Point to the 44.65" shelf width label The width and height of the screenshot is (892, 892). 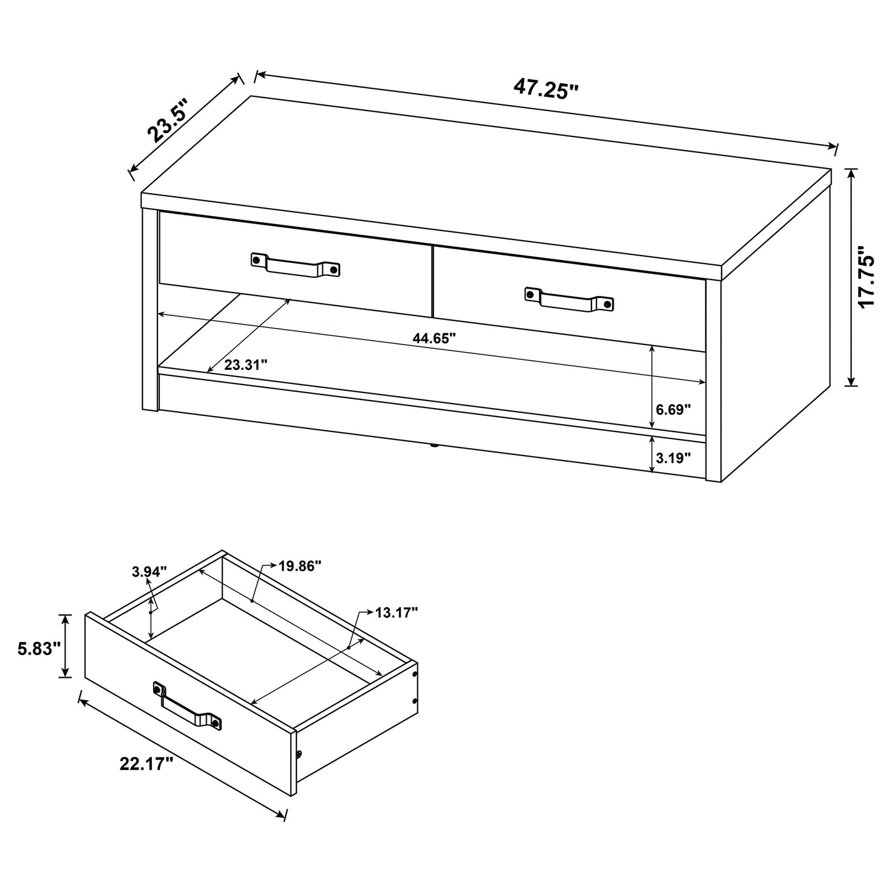tap(435, 338)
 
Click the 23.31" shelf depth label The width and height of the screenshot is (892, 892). tap(246, 365)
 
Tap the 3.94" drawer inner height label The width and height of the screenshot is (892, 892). tap(149, 572)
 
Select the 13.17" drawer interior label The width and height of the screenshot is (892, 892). tap(397, 612)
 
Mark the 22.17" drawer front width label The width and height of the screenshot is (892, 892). tap(146, 764)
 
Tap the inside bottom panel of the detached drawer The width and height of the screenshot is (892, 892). tap(259, 642)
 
